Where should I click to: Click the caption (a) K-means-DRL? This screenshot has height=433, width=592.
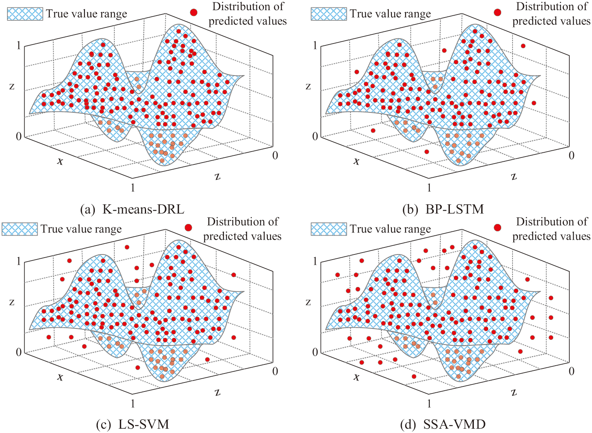coord(132,209)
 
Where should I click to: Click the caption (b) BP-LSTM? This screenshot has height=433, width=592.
coord(443,209)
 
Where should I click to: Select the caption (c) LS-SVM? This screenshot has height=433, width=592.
coord(132,424)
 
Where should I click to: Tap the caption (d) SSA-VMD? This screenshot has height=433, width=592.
coord(443,424)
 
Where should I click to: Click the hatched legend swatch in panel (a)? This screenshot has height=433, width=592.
coord(25,14)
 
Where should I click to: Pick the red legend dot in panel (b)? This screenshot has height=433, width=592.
coord(497,12)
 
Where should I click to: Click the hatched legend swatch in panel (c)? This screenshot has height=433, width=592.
coord(20,229)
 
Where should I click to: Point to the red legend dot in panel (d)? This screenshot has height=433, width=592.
coord(497,227)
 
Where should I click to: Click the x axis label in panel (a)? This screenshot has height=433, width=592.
coord(60,161)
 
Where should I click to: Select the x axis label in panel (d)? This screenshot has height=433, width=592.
coord(356,377)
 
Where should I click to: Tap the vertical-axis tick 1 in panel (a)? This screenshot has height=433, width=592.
coord(18,46)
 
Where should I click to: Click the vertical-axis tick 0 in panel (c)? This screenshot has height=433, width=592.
coord(18,352)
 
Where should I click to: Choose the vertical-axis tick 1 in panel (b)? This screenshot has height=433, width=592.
coord(315,46)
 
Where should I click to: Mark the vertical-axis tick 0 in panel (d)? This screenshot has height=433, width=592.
coord(315,352)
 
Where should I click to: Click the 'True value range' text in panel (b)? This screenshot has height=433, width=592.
coord(390,14)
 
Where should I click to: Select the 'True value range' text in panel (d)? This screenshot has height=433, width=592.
coord(390,229)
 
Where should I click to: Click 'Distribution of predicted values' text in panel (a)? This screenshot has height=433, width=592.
coord(247,14)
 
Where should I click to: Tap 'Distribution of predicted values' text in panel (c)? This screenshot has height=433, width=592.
coord(242,229)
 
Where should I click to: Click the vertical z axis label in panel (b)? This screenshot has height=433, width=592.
coord(308,86)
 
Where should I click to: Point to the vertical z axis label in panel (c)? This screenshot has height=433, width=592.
coord(12,302)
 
